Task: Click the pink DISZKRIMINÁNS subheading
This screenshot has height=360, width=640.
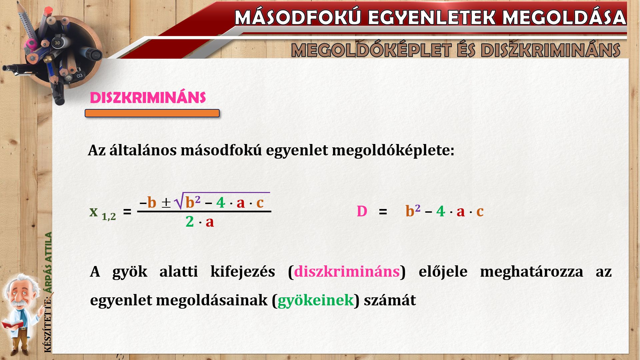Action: [x=148, y=98]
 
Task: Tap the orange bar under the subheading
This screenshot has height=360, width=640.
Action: [x=152, y=113]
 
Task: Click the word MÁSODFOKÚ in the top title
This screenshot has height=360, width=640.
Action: [x=298, y=17]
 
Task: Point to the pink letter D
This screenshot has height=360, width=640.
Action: [x=362, y=211]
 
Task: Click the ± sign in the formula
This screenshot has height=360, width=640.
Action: [x=166, y=203]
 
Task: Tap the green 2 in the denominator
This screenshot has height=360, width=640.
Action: [x=190, y=221]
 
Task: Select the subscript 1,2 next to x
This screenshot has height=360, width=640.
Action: [x=109, y=217]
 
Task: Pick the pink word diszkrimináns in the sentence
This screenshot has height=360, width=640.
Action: [x=347, y=271]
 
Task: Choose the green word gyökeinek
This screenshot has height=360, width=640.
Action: [x=315, y=300]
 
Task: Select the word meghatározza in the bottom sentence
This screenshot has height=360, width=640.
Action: [x=532, y=271]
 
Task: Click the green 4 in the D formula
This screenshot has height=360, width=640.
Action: [x=441, y=211]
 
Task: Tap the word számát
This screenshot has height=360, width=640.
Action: [x=390, y=300]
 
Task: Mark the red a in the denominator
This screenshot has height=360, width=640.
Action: [x=210, y=222]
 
